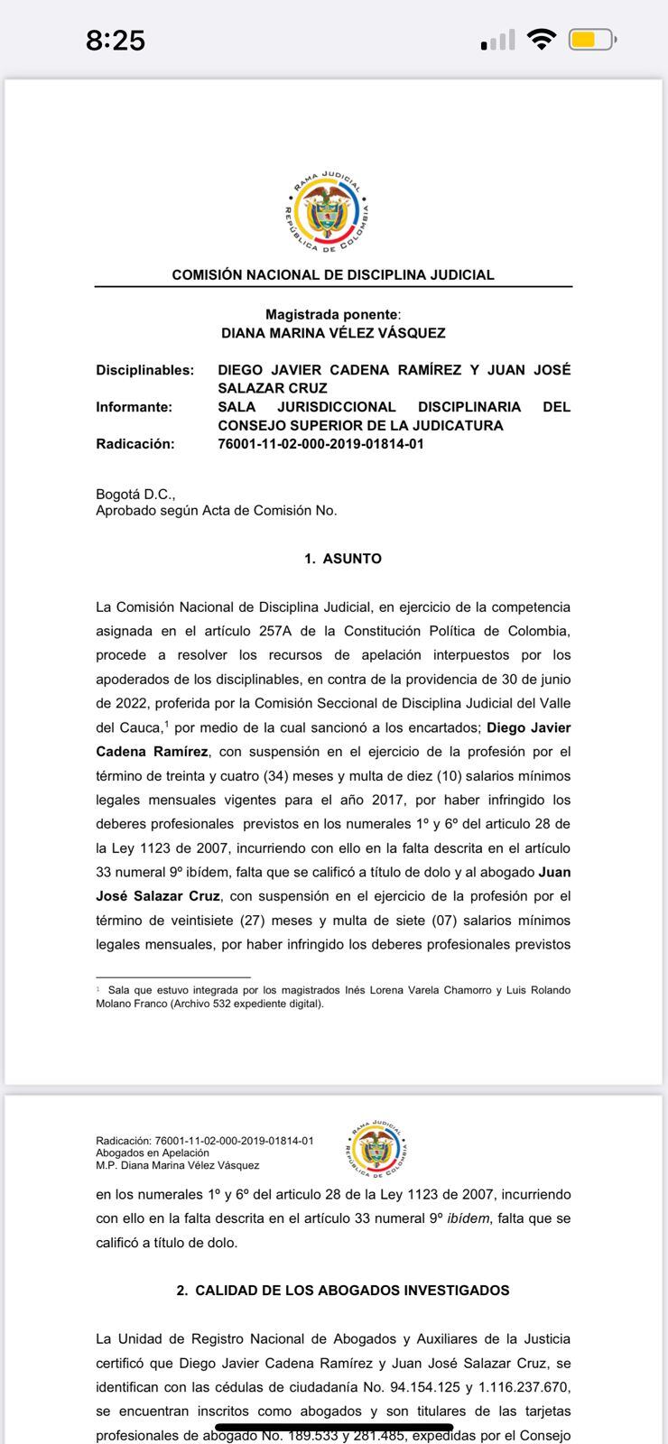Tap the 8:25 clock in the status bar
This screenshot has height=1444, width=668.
pyautogui.click(x=116, y=40)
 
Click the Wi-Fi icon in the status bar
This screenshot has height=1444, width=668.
pyautogui.click(x=542, y=39)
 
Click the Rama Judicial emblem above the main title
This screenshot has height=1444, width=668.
pyautogui.click(x=327, y=215)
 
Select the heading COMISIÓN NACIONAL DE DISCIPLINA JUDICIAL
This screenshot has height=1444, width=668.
pyautogui.click(x=333, y=274)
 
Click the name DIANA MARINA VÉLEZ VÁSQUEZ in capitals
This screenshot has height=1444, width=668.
pyautogui.click(x=333, y=333)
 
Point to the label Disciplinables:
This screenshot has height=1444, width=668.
pyautogui.click(x=145, y=370)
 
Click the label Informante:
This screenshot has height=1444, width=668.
pyautogui.click(x=135, y=407)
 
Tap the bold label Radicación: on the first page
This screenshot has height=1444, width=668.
pyautogui.click(x=135, y=444)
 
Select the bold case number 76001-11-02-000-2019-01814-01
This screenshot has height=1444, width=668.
pyautogui.click(x=320, y=444)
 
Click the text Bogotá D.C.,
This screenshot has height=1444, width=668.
pyautogui.click(x=135, y=495)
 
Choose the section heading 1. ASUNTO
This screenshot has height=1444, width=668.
pyautogui.click(x=343, y=559)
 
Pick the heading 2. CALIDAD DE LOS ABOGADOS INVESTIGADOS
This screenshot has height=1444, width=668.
pyautogui.click(x=343, y=1291)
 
